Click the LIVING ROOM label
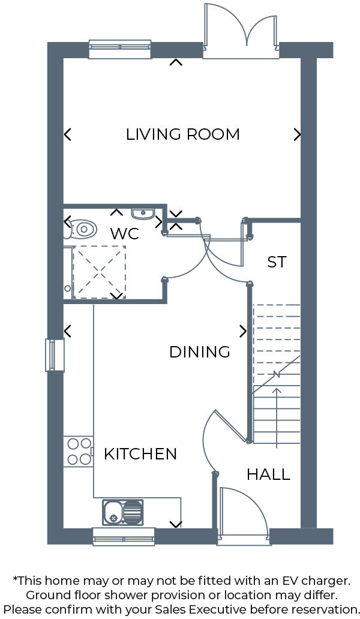[x=182, y=134]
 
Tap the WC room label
[x=125, y=233]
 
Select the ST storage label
[x=277, y=262]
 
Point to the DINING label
[x=200, y=352]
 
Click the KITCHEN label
[x=140, y=454]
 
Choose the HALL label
[x=268, y=475]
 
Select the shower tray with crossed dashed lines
[x=98, y=272]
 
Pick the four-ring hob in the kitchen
[x=79, y=452]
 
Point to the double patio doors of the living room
[x=241, y=33]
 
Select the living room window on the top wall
[x=120, y=49]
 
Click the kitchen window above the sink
[x=124, y=536]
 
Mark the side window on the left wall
[x=55, y=355]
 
